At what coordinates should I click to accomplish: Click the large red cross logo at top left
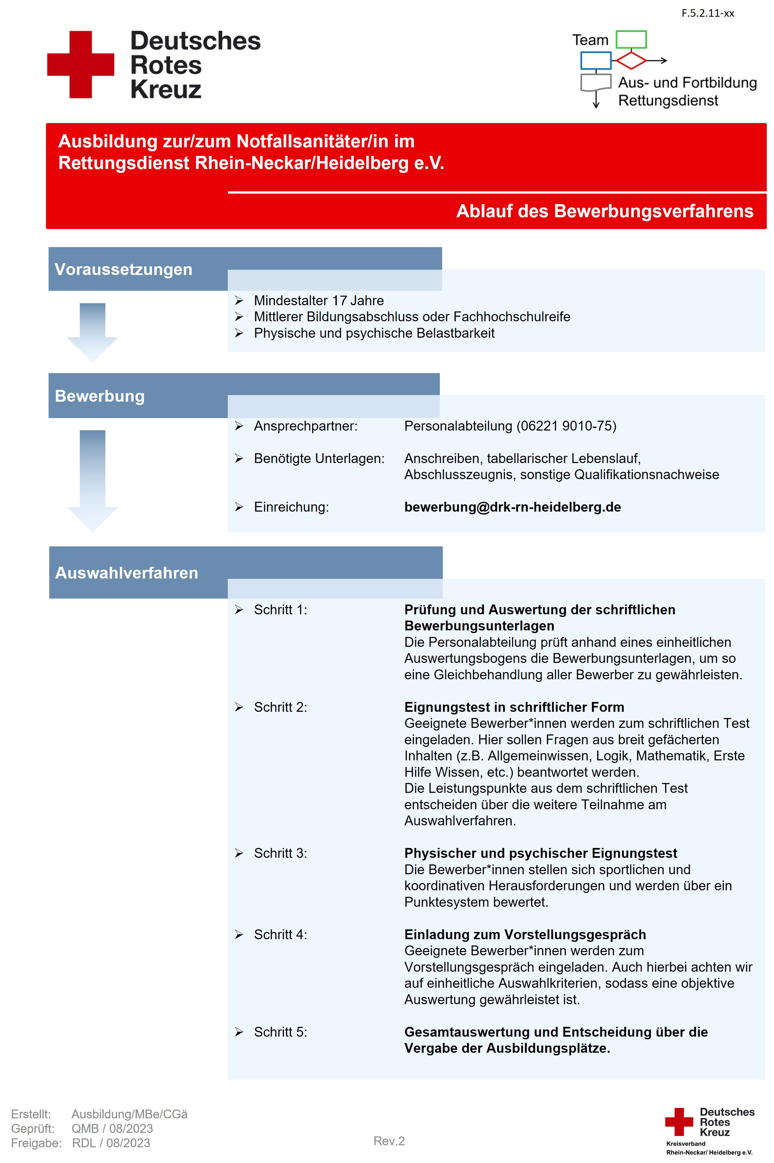click(80, 65)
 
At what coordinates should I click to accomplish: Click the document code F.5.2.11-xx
click(707, 13)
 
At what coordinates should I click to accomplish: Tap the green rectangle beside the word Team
click(631, 39)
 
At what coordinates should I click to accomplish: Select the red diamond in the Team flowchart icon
click(630, 61)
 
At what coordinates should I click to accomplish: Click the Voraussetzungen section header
click(123, 269)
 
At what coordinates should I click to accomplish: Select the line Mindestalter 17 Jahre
click(318, 301)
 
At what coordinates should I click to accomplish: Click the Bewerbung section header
click(100, 396)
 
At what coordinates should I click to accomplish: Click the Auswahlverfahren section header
click(126, 573)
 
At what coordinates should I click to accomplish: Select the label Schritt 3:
click(280, 853)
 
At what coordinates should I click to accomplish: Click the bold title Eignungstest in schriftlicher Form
click(514, 707)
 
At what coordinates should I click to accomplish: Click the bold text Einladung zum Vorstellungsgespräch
click(525, 935)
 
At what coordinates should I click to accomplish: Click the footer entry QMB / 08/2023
click(112, 1129)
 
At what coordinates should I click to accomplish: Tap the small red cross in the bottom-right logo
click(679, 1122)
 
